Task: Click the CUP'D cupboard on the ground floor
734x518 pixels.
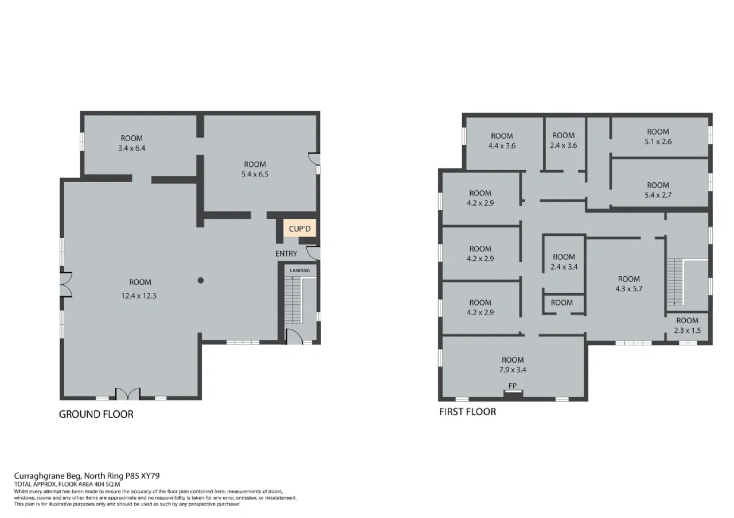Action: (299, 228)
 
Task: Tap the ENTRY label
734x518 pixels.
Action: (286, 253)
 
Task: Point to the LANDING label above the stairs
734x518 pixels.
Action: (300, 270)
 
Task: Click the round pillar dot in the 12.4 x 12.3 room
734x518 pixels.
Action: (201, 280)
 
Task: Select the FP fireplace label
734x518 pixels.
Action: (513, 386)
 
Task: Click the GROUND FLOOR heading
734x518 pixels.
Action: (96, 414)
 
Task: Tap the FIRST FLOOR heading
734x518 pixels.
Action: (467, 411)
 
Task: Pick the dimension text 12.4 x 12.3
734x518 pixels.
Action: (139, 296)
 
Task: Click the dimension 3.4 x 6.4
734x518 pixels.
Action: (132, 148)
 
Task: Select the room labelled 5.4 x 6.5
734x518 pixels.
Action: (255, 169)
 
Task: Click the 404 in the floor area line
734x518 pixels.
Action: (99, 484)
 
